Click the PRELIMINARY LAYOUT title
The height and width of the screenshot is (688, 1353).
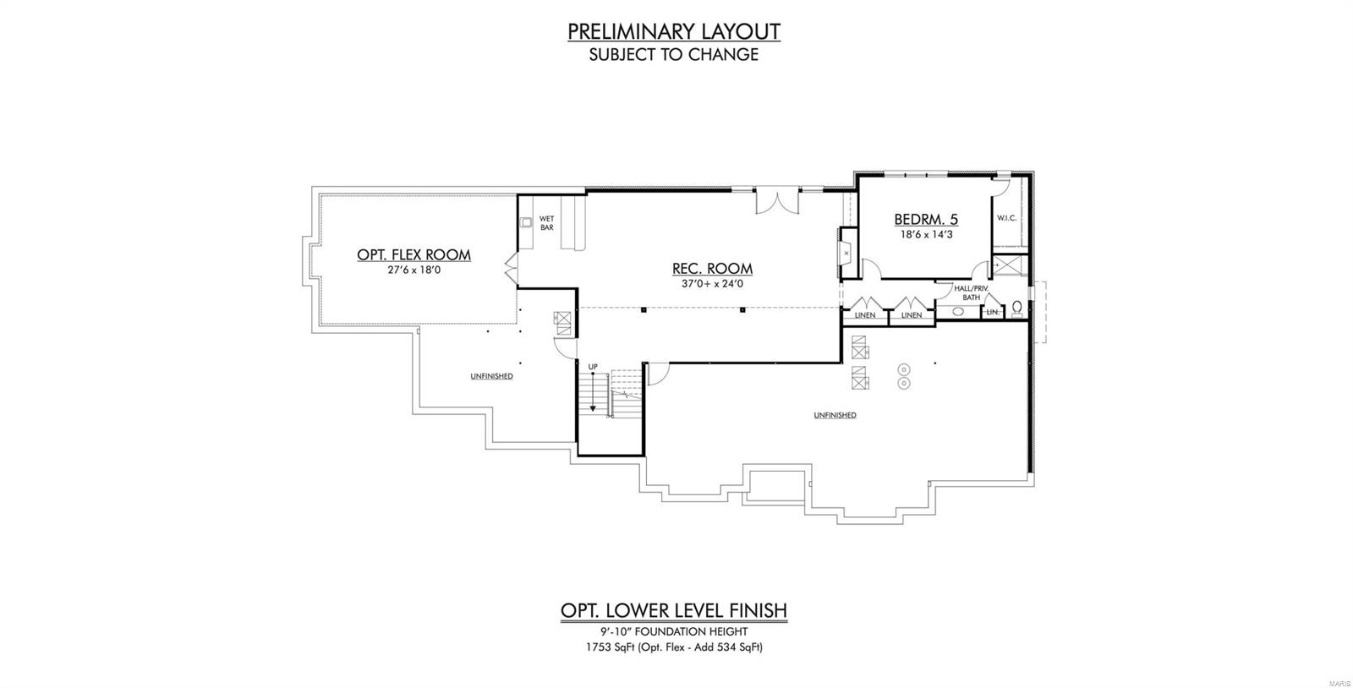tap(673, 31)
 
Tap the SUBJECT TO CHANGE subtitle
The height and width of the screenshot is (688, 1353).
tap(673, 55)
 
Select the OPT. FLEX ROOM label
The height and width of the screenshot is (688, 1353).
tap(414, 254)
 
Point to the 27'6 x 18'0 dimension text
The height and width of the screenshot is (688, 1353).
tap(414, 270)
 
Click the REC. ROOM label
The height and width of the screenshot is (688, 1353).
tap(712, 269)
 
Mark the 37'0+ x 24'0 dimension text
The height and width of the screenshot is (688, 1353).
tap(712, 284)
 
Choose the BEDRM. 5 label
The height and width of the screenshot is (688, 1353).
tap(926, 220)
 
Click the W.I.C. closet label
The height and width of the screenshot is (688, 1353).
tap(1006, 218)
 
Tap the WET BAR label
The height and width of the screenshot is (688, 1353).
tap(546, 223)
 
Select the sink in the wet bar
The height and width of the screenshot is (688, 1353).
tap(526, 223)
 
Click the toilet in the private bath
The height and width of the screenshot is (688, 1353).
tap(1017, 307)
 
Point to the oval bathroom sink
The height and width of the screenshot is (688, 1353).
tap(958, 312)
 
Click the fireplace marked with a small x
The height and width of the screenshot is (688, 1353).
tap(846, 251)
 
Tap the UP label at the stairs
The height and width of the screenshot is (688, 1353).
tap(593, 366)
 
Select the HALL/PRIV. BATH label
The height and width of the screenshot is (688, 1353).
tap(971, 292)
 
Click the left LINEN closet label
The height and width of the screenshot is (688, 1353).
tap(864, 315)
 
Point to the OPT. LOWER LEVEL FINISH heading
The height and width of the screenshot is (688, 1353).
tap(673, 610)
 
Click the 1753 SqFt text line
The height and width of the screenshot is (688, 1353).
tap(673, 647)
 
